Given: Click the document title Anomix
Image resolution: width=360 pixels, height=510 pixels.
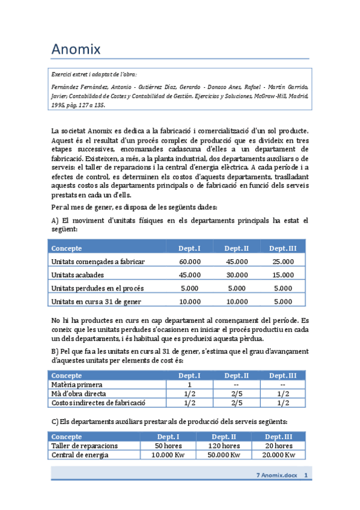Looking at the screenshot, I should click(76, 48).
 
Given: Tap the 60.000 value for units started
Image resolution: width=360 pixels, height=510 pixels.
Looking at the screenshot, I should click(190, 262).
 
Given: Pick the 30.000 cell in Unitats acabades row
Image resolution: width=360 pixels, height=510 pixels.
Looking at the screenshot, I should click(236, 275).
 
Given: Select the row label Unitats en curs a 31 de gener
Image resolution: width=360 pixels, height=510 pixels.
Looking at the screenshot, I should click(97, 302).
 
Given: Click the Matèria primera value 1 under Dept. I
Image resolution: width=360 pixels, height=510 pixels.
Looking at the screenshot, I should click(190, 385).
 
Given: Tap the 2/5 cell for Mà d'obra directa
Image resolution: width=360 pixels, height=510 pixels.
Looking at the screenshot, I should click(236, 394).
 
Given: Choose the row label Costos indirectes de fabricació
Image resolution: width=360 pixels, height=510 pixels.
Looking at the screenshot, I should click(99, 403).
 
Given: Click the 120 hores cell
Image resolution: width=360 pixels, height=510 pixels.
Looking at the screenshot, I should click(224, 446).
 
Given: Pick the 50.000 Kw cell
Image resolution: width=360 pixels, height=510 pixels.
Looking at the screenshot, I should click(224, 455).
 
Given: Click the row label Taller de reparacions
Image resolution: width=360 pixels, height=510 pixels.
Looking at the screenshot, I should click(84, 446).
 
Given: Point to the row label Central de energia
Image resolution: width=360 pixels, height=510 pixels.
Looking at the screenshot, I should click(80, 455).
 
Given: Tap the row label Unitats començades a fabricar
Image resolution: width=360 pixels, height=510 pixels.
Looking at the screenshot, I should click(98, 262).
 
